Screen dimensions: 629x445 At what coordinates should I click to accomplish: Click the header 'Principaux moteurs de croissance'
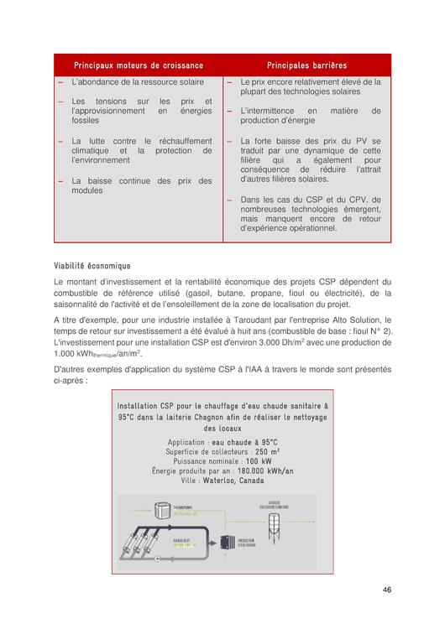click(139, 65)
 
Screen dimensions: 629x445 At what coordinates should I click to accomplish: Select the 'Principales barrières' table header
click(306, 65)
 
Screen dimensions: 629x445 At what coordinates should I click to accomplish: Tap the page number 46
click(386, 590)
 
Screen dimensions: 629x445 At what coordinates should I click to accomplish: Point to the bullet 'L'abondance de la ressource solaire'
click(138, 82)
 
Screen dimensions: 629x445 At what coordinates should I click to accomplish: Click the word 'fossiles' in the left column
click(86, 120)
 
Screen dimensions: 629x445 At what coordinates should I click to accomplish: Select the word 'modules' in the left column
click(87, 190)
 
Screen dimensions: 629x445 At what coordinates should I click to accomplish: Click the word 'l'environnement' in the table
click(101, 159)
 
